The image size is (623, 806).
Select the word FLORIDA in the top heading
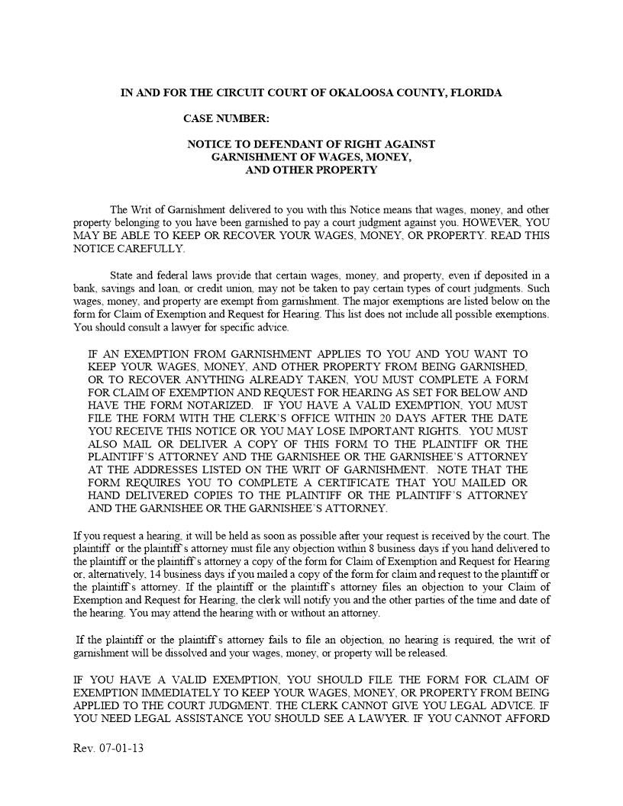pyautogui.click(x=476, y=92)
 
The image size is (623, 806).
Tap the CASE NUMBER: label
pyautogui.click(x=226, y=118)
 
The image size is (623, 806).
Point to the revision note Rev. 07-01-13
pyautogui.click(x=108, y=748)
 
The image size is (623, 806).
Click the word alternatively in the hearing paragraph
pyautogui.click(x=111, y=574)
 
